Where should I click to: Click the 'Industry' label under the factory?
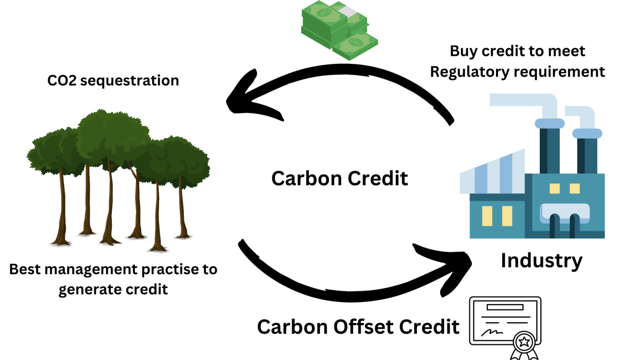click(x=541, y=261)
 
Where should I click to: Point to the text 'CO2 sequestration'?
click(x=113, y=81)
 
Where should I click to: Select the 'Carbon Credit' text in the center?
click(x=339, y=179)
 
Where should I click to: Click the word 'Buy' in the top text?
click(x=462, y=51)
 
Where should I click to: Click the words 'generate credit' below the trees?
click(x=113, y=290)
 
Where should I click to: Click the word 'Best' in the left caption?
click(x=25, y=270)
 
